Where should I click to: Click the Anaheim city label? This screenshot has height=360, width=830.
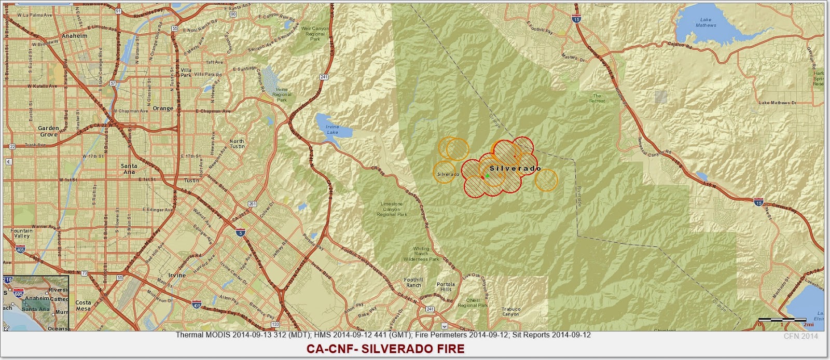(75, 36)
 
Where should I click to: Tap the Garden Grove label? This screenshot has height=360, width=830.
(48, 131)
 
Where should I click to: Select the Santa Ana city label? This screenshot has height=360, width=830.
(129, 169)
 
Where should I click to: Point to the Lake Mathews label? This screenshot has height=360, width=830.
(706, 22)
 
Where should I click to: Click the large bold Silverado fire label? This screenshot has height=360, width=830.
(515, 168)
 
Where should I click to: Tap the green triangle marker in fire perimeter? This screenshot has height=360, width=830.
(487, 176)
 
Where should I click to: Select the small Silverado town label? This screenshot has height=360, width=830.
(448, 174)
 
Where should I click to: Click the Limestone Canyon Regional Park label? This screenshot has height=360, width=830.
(392, 209)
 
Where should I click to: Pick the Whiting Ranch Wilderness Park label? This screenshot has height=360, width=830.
(421, 254)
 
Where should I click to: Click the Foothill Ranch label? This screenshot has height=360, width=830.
(413, 282)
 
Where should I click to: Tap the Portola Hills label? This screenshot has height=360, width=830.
(446, 286)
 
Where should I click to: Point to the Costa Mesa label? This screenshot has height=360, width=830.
(83, 305)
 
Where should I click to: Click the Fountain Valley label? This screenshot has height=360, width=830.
(21, 233)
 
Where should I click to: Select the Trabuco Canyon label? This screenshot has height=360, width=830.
(510, 311)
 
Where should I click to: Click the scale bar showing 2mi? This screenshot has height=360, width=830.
(782, 320)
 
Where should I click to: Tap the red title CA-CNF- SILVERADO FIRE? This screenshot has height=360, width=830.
(385, 349)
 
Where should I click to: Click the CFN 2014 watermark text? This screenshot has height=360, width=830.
(801, 336)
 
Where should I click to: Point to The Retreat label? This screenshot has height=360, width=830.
(597, 98)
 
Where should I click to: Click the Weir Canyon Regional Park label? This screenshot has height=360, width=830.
(315, 34)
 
